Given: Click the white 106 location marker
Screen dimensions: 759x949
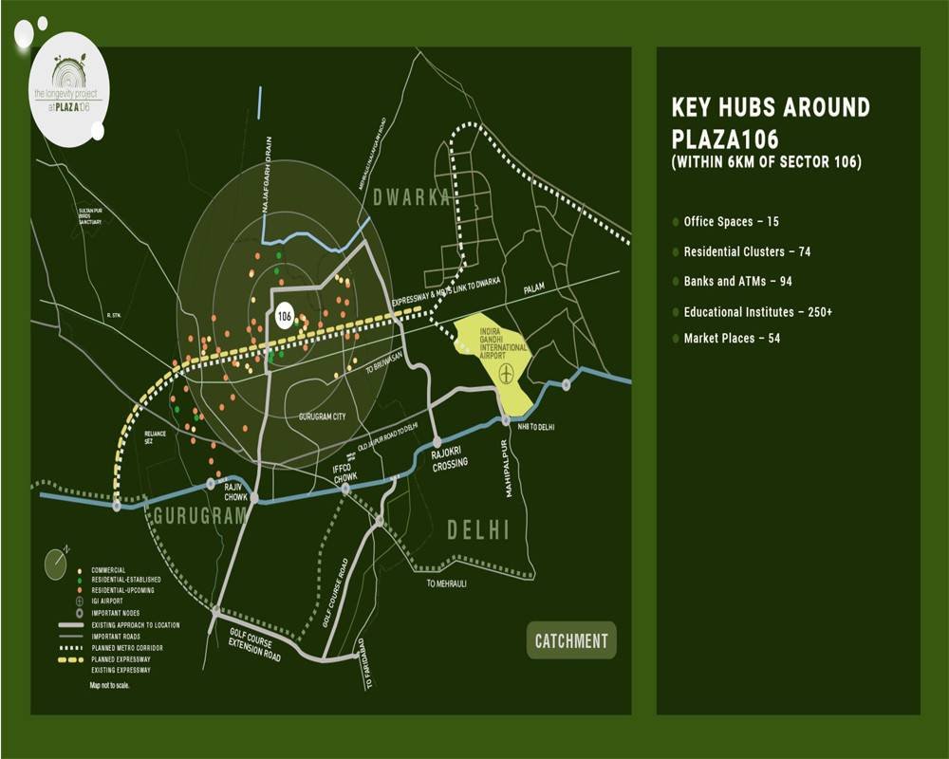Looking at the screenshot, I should [284, 316].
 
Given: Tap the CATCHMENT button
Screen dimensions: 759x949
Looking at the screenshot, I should [571, 640].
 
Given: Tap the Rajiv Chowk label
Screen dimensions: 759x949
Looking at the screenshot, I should [235, 491].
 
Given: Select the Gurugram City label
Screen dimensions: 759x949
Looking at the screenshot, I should [327, 417].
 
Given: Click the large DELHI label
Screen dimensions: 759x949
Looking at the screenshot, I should [479, 530].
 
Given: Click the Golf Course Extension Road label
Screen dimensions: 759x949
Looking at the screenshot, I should [254, 644].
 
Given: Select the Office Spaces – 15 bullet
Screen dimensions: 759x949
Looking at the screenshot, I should [731, 222].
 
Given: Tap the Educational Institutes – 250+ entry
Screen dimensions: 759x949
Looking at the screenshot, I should [758, 311].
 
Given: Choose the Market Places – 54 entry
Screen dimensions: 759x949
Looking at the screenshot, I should [731, 339].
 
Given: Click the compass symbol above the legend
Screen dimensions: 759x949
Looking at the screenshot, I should [57, 562].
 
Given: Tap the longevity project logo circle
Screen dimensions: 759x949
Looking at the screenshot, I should [69, 92].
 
